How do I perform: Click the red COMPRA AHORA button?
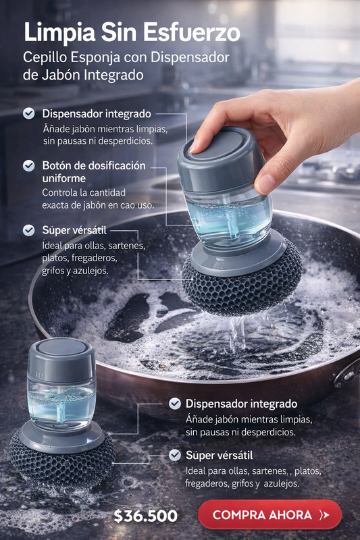coord(269,514)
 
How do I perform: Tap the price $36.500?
coord(145,516)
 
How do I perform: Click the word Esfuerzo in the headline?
coord(192,33)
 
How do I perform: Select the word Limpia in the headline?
coord(60,33)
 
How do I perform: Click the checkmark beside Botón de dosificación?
coord(28,165)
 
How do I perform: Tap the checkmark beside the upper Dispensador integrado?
coord(28,113)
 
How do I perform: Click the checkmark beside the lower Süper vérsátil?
coord(175,455)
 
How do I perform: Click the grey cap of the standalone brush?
coord(61,358)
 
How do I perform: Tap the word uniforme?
coord(63,178)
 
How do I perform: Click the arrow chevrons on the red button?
coord(324,515)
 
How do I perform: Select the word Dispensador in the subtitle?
coord(190,57)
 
